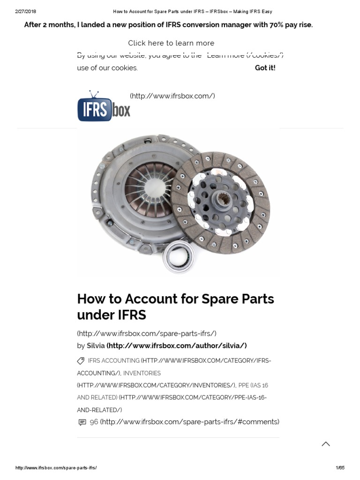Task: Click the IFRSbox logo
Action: [x=104, y=106]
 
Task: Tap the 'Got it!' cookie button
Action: [x=265, y=68]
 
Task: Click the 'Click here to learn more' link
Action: [x=171, y=43]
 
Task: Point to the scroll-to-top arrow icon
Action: [x=326, y=444]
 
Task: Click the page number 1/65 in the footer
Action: [x=340, y=468]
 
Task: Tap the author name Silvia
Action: [x=96, y=345]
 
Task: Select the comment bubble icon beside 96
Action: [x=82, y=422]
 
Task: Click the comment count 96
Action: [x=94, y=422]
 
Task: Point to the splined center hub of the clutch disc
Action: [x=220, y=201]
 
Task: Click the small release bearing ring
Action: [x=179, y=256]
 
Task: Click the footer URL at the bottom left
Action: [x=56, y=468]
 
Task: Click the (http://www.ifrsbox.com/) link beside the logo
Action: [x=172, y=96]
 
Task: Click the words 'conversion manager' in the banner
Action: [x=228, y=25]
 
